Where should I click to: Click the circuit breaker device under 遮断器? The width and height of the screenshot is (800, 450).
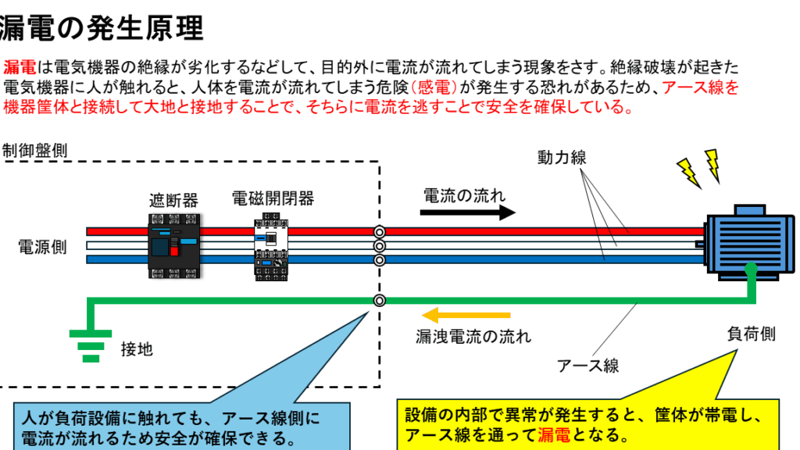pyautogui.click(x=173, y=245)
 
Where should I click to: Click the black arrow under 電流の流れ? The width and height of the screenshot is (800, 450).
pyautogui.click(x=468, y=212)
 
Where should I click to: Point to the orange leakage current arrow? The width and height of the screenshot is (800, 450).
pyautogui.click(x=466, y=316)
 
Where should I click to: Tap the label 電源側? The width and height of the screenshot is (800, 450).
pyautogui.click(x=42, y=247)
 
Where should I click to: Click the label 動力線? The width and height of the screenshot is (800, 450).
pyautogui.click(x=561, y=158)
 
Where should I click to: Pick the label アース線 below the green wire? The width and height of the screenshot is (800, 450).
pyautogui.click(x=587, y=365)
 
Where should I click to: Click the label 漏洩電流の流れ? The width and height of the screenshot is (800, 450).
pyautogui.click(x=473, y=337)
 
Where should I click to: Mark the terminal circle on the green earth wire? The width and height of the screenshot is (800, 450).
pyautogui.click(x=380, y=300)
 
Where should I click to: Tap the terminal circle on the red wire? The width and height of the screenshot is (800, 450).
pyautogui.click(x=380, y=232)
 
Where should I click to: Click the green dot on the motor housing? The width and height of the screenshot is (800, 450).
pyautogui.click(x=750, y=270)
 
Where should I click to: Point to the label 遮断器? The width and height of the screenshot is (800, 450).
pyautogui.click(x=173, y=200)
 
